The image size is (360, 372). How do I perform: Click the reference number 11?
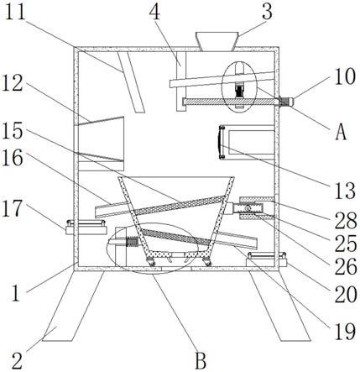click(x=16, y=12)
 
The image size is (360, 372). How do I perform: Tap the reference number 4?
click(x=154, y=13)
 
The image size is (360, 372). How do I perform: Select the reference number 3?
click(x=267, y=12)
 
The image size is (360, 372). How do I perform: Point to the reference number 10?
click(x=345, y=76)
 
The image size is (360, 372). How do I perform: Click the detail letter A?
click(x=341, y=132)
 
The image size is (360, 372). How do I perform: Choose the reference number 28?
click(x=346, y=220)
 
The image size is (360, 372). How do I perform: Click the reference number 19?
click(x=346, y=332)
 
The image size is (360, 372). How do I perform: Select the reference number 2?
click(x=18, y=361)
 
